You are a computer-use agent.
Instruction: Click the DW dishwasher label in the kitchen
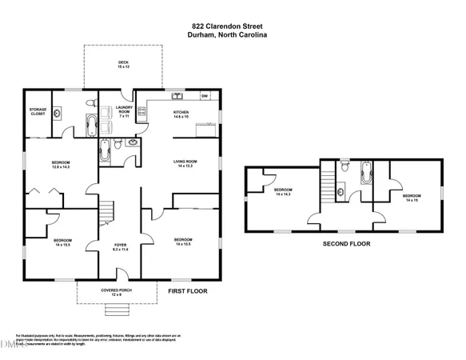(x=205, y=96)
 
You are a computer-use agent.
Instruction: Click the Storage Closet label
(x=38, y=112)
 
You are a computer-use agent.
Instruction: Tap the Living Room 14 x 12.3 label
(x=185, y=165)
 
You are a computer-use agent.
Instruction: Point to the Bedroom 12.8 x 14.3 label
(x=62, y=165)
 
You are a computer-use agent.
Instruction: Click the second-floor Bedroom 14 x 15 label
(x=412, y=198)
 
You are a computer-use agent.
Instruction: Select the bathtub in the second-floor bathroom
(x=365, y=174)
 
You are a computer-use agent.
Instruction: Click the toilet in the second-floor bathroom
(x=343, y=167)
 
